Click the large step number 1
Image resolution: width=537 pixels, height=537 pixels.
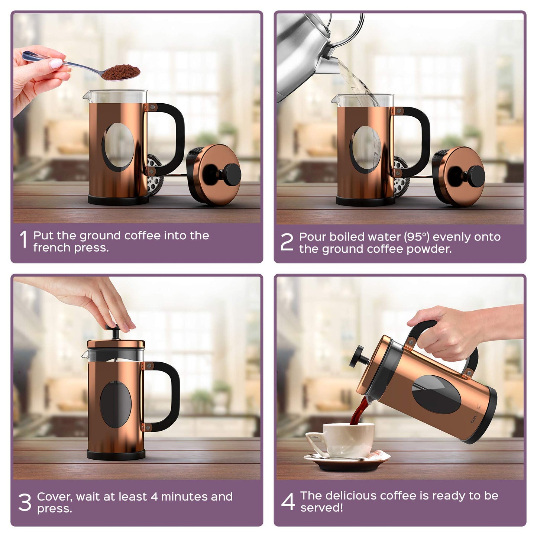pos(23,239)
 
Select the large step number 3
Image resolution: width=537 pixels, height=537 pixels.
pos(25,502)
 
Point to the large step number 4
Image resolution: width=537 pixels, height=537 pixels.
pos(288,501)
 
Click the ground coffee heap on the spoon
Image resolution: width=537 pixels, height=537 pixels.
pos(121,72)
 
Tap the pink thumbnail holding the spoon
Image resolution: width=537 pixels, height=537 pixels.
pos(56,64)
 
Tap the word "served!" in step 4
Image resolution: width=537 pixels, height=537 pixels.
pos(321,508)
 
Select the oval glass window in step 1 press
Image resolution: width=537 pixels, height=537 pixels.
pos(119,147)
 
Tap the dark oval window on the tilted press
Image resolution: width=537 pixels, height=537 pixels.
pos(436,394)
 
